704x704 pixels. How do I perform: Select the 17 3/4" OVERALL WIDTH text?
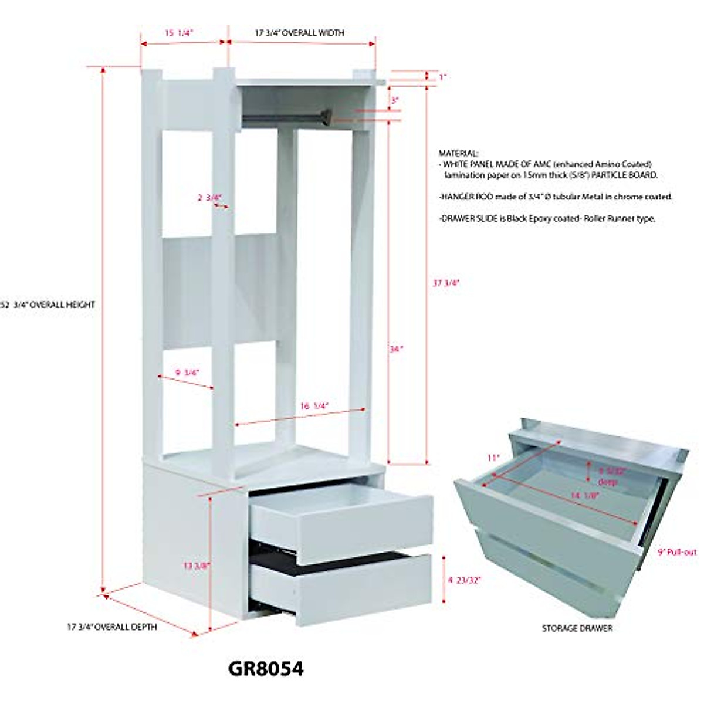pos(299,33)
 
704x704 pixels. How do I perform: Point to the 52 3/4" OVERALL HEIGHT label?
pos(49,305)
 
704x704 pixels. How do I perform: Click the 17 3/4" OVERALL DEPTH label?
pos(111,627)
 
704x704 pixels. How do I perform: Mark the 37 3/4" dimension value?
pos(446,282)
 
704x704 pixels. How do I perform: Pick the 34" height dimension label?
pos(397,348)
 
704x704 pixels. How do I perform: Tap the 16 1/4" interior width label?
pos(314,405)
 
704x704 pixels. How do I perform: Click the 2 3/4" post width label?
pos(209,198)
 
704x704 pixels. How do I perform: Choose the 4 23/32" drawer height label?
pos(464,580)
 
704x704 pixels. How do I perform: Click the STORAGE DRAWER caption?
pos(577,628)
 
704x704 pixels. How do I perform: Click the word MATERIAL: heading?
pos(459,153)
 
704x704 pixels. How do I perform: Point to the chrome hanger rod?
pos(282,119)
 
